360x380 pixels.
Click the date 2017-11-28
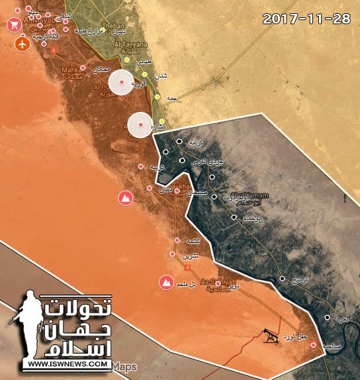(306, 18)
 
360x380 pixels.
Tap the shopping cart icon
(13, 25)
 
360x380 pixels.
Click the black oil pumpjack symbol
(270, 336)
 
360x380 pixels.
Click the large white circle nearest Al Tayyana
(122, 81)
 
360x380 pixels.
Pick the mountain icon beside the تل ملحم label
(165, 283)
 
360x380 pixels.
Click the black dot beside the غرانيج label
(283, 279)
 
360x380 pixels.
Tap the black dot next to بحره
(327, 318)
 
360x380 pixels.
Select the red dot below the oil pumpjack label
(313, 345)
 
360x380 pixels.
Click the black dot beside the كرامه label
(179, 141)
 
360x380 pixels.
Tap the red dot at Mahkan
(83, 68)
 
